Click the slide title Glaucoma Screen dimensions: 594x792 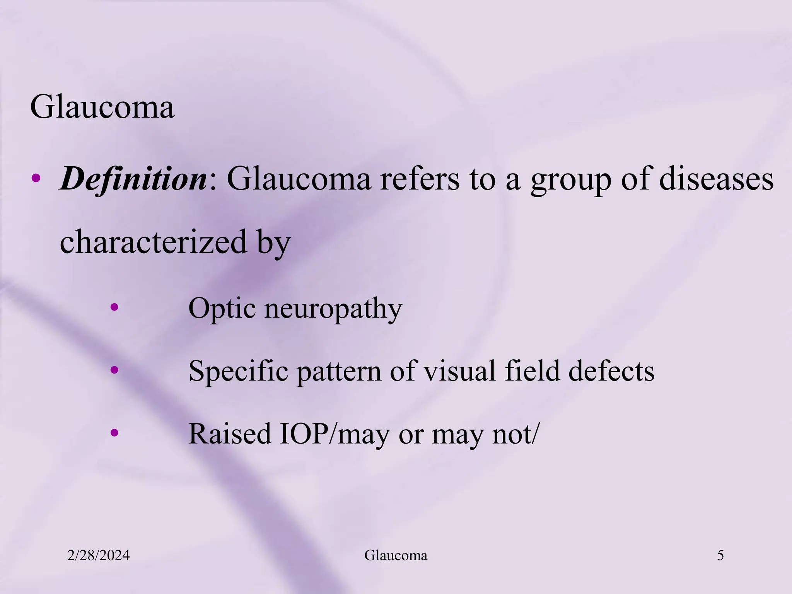102,107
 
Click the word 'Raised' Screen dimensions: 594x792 230,434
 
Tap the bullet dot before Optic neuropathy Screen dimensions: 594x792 114,308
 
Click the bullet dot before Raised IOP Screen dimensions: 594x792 114,432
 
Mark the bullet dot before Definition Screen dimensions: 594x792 36,178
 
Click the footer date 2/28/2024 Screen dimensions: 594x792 98,556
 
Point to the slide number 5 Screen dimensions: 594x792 720,556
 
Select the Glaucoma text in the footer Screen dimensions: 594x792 396,556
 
